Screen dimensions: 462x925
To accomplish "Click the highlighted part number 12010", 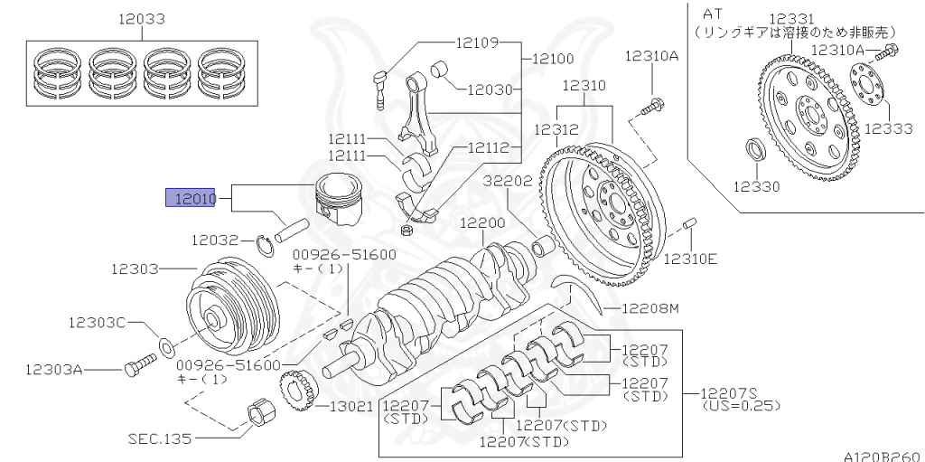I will coord(189,198).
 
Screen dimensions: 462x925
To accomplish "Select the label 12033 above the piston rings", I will coord(137,18).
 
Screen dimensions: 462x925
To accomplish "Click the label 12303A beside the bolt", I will coord(54,369).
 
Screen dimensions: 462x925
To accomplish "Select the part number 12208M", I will coord(649,309).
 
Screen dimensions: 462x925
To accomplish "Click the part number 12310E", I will coord(690,259).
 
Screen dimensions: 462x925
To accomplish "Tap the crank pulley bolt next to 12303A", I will coord(137,367).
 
